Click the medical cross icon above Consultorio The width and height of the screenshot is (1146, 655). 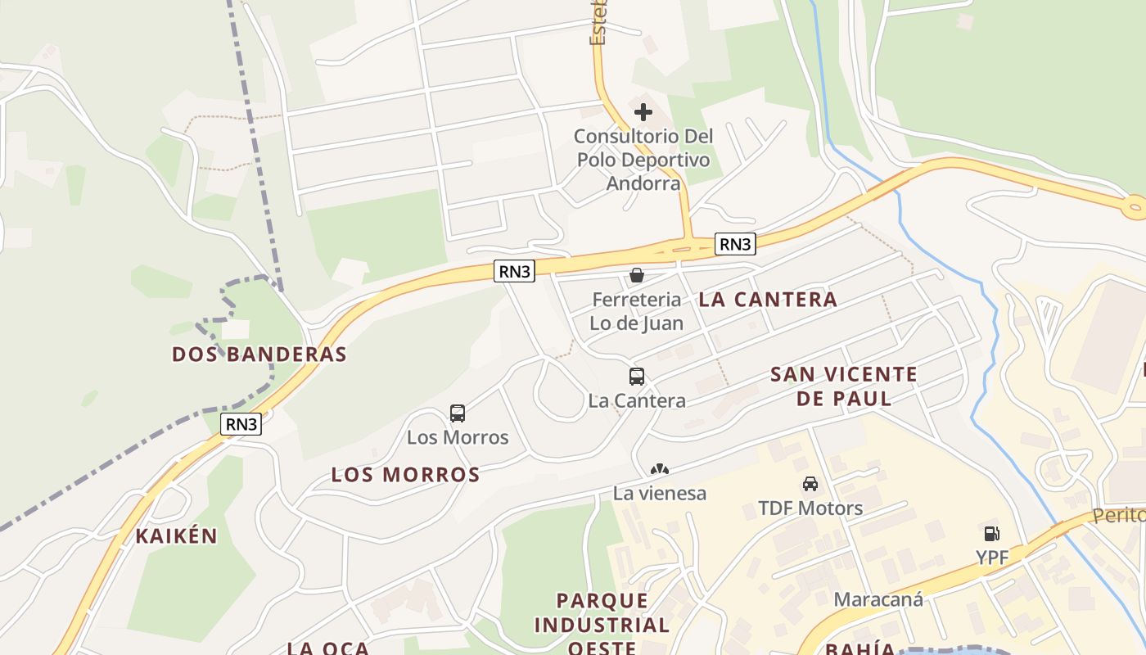click(x=643, y=111)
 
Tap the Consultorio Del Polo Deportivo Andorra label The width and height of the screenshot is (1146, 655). click(x=643, y=160)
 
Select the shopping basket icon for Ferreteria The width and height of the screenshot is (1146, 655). click(x=637, y=275)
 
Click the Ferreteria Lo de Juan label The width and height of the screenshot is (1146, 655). click(x=636, y=311)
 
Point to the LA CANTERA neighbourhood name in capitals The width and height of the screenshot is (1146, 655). click(x=768, y=300)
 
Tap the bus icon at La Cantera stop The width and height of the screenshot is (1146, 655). click(x=637, y=377)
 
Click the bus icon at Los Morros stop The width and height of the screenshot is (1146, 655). click(x=458, y=413)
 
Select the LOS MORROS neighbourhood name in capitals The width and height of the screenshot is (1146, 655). click(x=405, y=475)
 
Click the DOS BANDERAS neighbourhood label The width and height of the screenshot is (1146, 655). click(x=259, y=355)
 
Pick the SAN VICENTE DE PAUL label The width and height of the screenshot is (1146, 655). click(x=844, y=386)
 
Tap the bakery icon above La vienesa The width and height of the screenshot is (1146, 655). click(x=659, y=469)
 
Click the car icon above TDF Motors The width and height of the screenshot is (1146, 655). click(x=810, y=484)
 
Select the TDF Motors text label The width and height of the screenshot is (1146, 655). click(x=810, y=508)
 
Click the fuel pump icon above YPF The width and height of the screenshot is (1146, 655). click(x=991, y=534)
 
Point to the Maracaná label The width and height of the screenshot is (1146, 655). click(x=878, y=599)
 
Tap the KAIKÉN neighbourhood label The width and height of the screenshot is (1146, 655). click(x=177, y=536)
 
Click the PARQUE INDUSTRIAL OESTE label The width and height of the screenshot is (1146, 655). click(x=602, y=625)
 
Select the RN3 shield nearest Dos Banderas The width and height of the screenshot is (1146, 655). click(x=242, y=424)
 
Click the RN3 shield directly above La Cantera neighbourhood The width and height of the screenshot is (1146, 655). click(x=734, y=243)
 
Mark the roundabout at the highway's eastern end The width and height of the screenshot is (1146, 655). click(x=1135, y=207)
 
